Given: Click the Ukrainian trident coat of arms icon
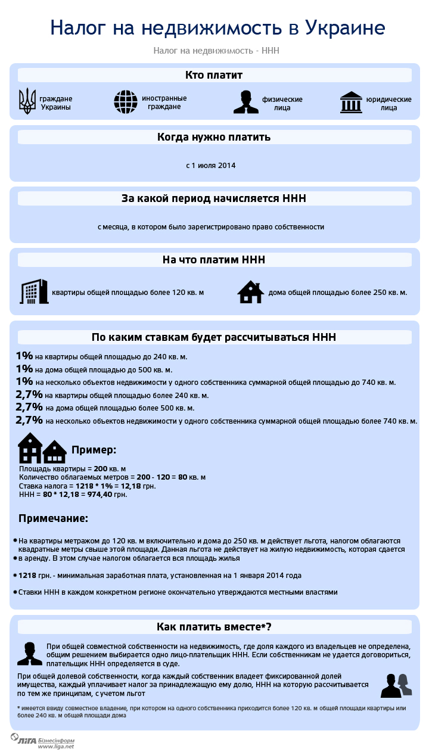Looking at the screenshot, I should pos(27,102).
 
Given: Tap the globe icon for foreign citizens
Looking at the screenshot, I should pos(126,102).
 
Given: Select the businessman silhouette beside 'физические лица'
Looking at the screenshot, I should pos(245,102).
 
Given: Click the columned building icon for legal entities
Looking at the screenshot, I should pos(351,102).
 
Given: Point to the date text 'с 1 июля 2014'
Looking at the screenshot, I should pos(210,165).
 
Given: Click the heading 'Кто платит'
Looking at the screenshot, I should pos(214,75).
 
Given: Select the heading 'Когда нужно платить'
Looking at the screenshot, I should pos(214,137).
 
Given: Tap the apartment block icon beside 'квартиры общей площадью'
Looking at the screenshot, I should pos(35,291).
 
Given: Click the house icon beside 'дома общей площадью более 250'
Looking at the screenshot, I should pos(250,292).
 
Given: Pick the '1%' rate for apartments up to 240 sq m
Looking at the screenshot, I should pos(24,356).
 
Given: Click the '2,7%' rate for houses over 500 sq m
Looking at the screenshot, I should pos(29,408).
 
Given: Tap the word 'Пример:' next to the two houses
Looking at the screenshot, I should pos(94,450).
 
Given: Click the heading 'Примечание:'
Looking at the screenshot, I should pos(53,518).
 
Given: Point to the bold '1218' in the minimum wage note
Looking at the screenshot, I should pos(27,576).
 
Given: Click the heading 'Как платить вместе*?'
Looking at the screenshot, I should pos(214,627).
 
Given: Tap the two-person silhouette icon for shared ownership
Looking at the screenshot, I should pos(396,685).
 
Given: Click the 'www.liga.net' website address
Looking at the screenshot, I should pos(56,746).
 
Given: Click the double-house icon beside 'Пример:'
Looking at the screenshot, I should pos(42,449).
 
